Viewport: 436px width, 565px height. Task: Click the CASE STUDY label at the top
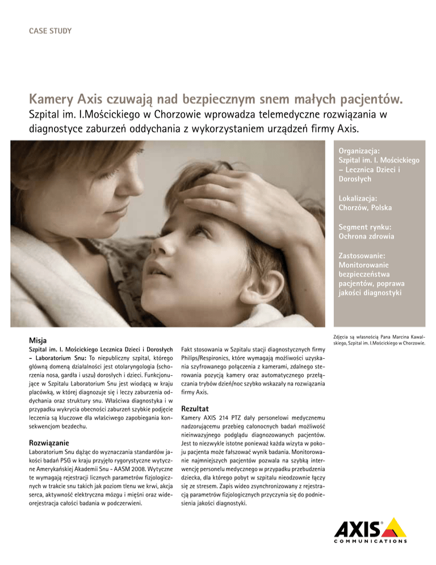[x=50, y=31]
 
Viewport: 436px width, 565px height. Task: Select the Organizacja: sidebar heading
[x=362, y=152]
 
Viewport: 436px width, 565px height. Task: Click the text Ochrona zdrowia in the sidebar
[x=367, y=236]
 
